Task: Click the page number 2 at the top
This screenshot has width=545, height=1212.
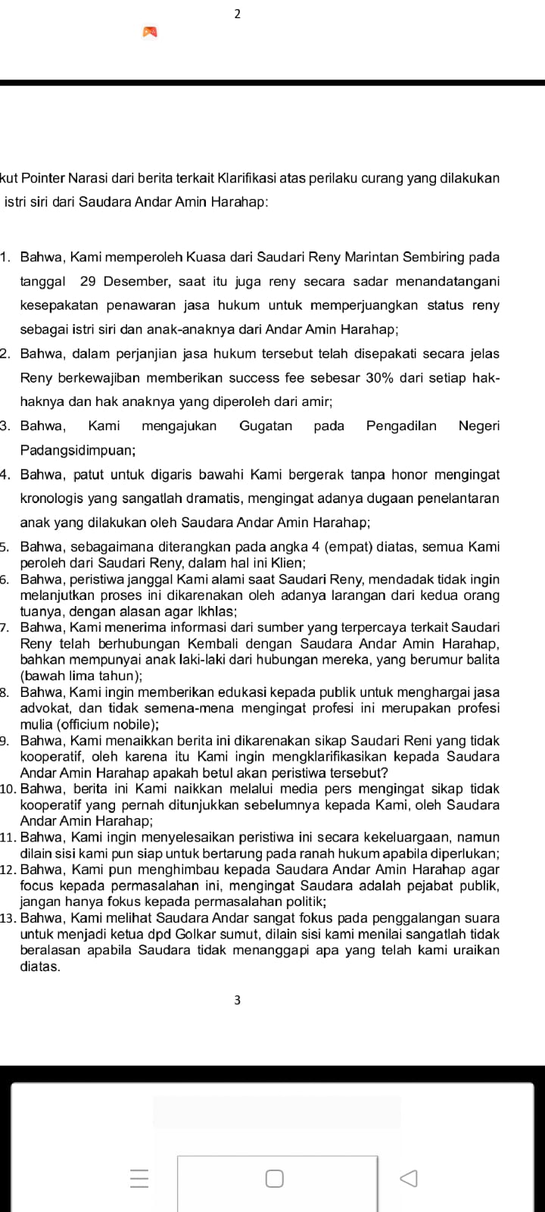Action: (x=238, y=14)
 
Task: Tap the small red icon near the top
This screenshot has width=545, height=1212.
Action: (x=150, y=32)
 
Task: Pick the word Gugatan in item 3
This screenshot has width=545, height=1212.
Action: (x=266, y=426)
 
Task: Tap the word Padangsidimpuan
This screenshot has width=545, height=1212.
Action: (x=77, y=450)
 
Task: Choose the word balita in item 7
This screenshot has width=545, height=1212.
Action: (x=479, y=659)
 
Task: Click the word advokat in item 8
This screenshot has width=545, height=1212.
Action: (x=43, y=708)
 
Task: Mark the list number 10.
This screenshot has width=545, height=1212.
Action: (x=9, y=789)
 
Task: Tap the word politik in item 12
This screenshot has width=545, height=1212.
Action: (x=302, y=901)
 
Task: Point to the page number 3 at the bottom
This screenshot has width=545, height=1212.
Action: (x=238, y=1001)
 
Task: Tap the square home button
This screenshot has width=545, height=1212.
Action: (x=274, y=1179)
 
